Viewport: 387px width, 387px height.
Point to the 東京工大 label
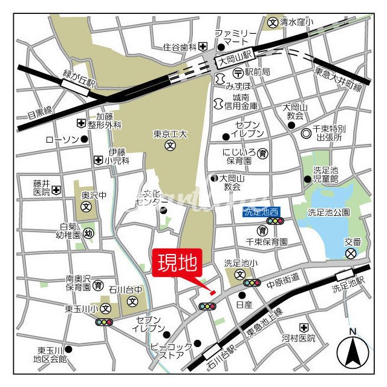click(x=171, y=134)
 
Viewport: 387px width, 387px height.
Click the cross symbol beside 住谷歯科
click(x=203, y=46)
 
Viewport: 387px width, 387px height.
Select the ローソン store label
click(x=62, y=139)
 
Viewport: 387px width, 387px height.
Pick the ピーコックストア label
click(x=172, y=351)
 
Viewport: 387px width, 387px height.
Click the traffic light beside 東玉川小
click(x=104, y=322)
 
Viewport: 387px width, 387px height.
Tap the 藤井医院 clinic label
click(x=42, y=187)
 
